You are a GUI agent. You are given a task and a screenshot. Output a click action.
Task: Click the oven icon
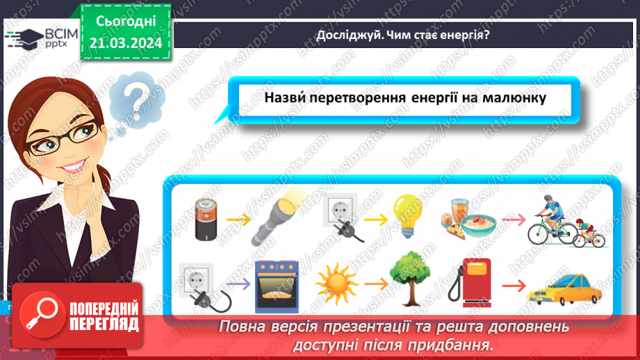[x=277, y=284]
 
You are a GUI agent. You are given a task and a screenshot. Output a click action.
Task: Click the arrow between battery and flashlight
[x=238, y=219]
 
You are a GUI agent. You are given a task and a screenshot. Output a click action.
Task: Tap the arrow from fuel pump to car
[x=514, y=285]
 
